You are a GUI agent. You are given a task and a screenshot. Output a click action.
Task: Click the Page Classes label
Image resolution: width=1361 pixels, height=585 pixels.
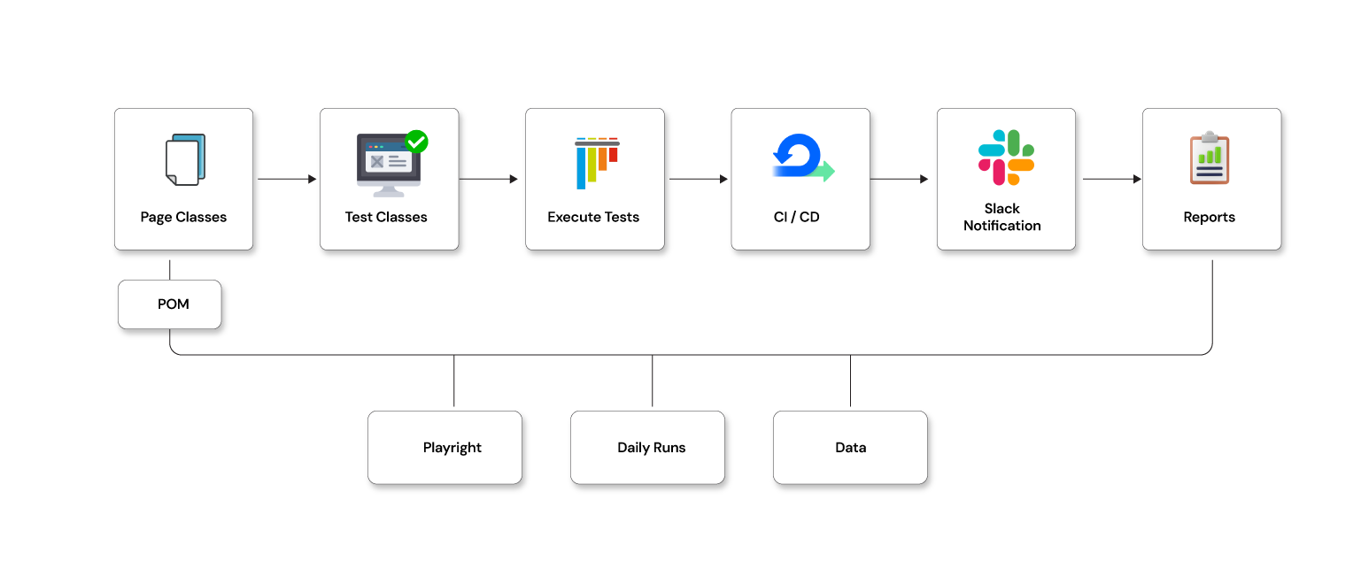click(x=183, y=217)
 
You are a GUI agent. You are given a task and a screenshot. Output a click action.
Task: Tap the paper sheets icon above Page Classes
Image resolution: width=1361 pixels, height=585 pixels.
click(x=185, y=159)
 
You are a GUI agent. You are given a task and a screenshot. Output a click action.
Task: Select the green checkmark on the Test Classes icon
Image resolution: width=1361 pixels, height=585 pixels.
click(x=416, y=142)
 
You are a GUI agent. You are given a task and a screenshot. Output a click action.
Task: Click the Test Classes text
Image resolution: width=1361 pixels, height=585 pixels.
click(x=386, y=217)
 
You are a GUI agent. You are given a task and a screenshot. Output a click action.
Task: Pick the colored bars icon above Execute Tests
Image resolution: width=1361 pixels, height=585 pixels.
click(x=596, y=162)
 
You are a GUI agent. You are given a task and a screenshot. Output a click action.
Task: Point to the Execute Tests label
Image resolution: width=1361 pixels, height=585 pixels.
click(x=593, y=217)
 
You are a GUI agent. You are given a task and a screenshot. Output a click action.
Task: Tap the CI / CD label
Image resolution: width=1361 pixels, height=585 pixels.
click(x=797, y=217)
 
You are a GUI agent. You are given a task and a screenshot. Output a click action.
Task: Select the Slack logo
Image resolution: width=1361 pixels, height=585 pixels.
click(x=1006, y=158)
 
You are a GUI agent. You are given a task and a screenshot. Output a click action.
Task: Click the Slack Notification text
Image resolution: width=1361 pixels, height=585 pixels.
click(x=1002, y=217)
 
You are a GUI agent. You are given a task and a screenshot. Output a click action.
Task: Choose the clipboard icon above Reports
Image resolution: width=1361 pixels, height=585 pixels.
click(x=1210, y=158)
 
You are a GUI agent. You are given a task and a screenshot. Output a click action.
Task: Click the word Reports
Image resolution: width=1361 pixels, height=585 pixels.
click(x=1210, y=217)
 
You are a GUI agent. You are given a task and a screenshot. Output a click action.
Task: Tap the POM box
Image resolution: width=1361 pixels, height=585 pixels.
click(x=170, y=304)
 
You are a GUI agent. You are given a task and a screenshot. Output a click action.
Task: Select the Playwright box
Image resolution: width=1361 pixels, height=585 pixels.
click(x=445, y=447)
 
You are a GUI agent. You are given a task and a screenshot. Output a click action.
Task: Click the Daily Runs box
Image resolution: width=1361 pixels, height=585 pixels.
click(x=647, y=447)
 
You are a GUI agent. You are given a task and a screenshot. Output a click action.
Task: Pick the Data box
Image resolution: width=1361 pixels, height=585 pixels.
click(x=850, y=447)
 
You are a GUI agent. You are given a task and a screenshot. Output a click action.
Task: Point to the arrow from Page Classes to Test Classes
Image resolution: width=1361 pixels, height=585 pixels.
click(x=286, y=179)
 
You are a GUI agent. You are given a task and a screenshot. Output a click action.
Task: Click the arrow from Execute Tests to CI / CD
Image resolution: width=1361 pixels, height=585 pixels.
click(x=698, y=179)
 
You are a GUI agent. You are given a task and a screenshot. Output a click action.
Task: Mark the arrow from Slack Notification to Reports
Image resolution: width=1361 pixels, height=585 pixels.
click(x=1111, y=179)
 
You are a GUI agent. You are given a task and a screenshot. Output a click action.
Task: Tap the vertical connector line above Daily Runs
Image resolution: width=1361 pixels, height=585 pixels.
click(x=653, y=381)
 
